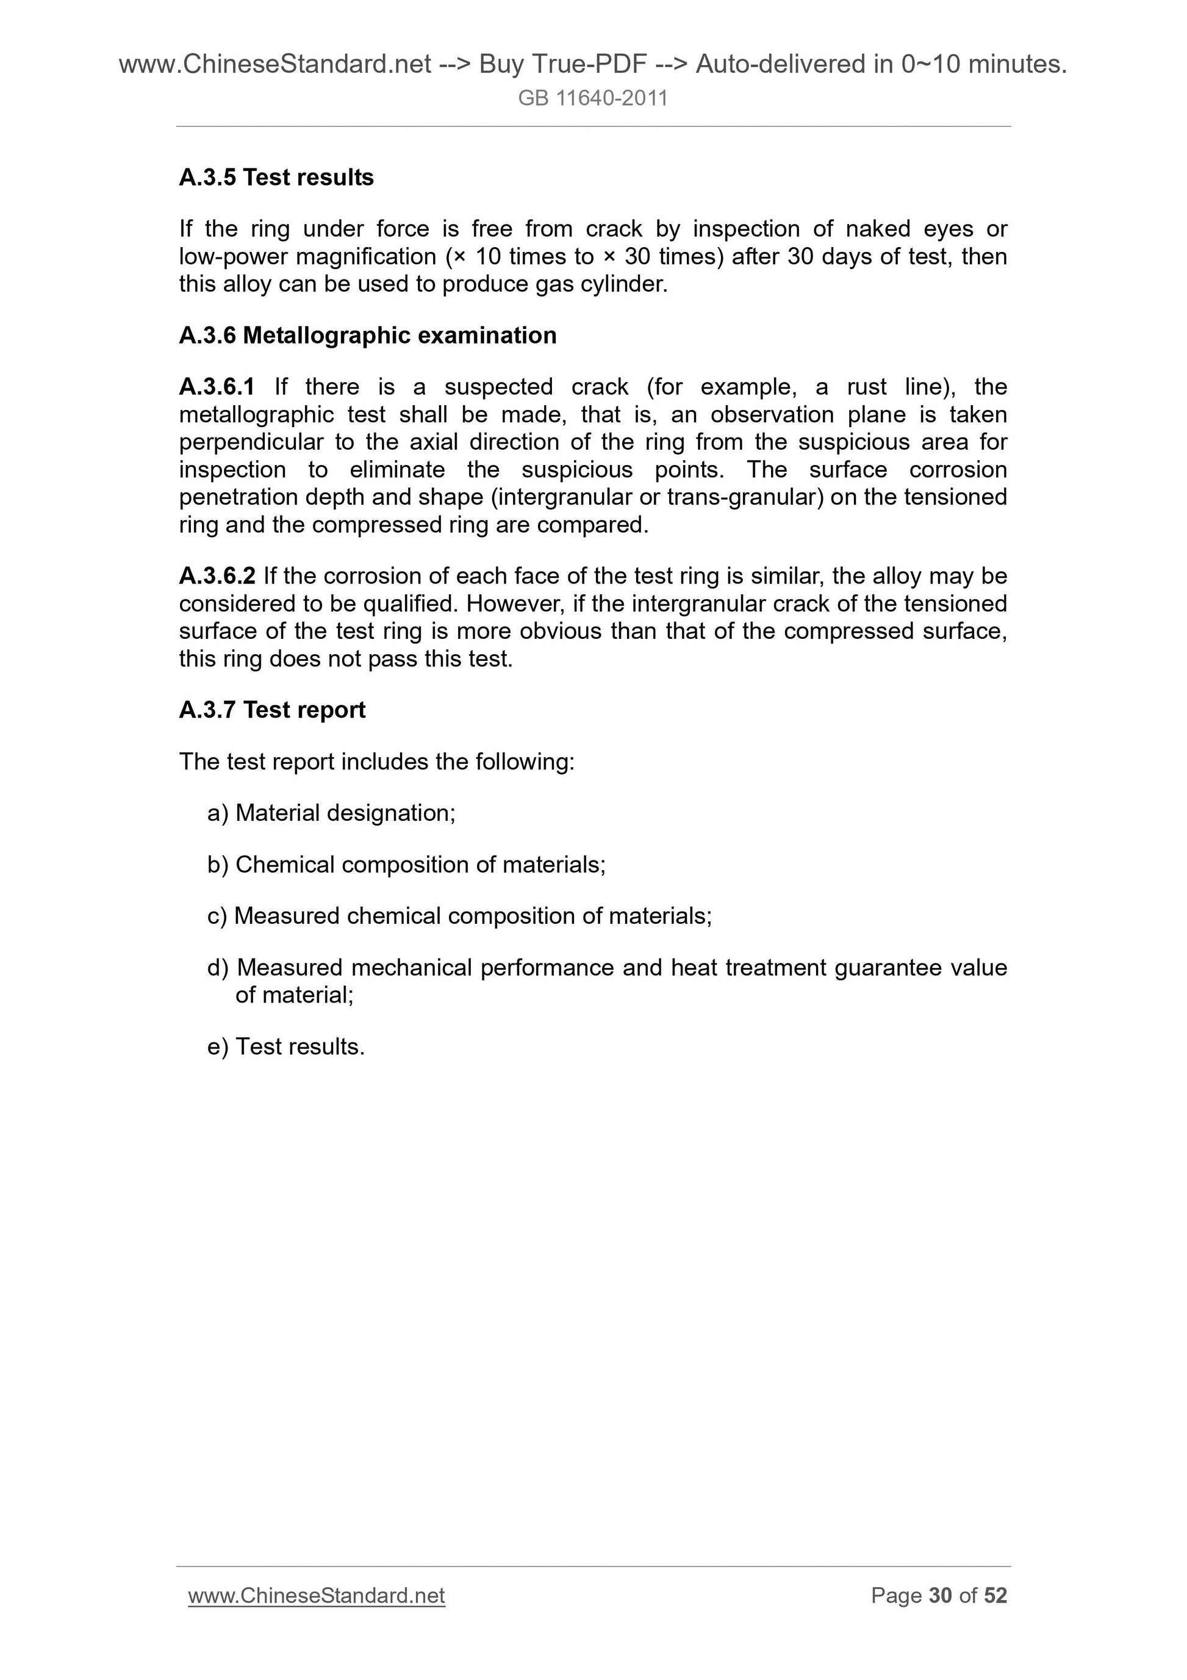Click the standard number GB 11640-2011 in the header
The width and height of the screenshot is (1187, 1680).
coord(592,98)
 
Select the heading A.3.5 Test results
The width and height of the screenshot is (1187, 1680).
coord(276,177)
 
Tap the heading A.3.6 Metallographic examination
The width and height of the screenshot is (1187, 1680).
coord(367,335)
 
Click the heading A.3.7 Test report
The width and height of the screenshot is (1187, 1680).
coord(272,710)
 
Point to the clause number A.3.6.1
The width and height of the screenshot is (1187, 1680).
coord(217,386)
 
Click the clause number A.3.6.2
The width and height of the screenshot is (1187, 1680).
coord(217,576)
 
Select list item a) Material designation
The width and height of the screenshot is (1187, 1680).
coord(331,813)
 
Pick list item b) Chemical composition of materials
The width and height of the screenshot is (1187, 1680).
coord(407,864)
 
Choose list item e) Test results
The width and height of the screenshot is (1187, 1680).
coord(286,1047)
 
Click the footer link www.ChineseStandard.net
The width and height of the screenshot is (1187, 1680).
coord(317,1595)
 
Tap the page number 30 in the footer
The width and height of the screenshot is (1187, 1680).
coord(940,1595)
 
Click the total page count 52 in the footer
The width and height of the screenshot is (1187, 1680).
coord(995,1595)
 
